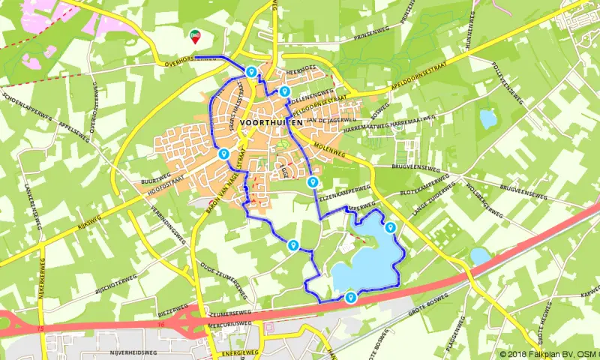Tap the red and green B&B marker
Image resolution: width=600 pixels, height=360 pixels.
click(x=195, y=35)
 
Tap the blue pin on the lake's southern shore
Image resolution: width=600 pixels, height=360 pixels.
click(x=351, y=298)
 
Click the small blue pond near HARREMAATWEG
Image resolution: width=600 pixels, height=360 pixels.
click(x=488, y=118)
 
